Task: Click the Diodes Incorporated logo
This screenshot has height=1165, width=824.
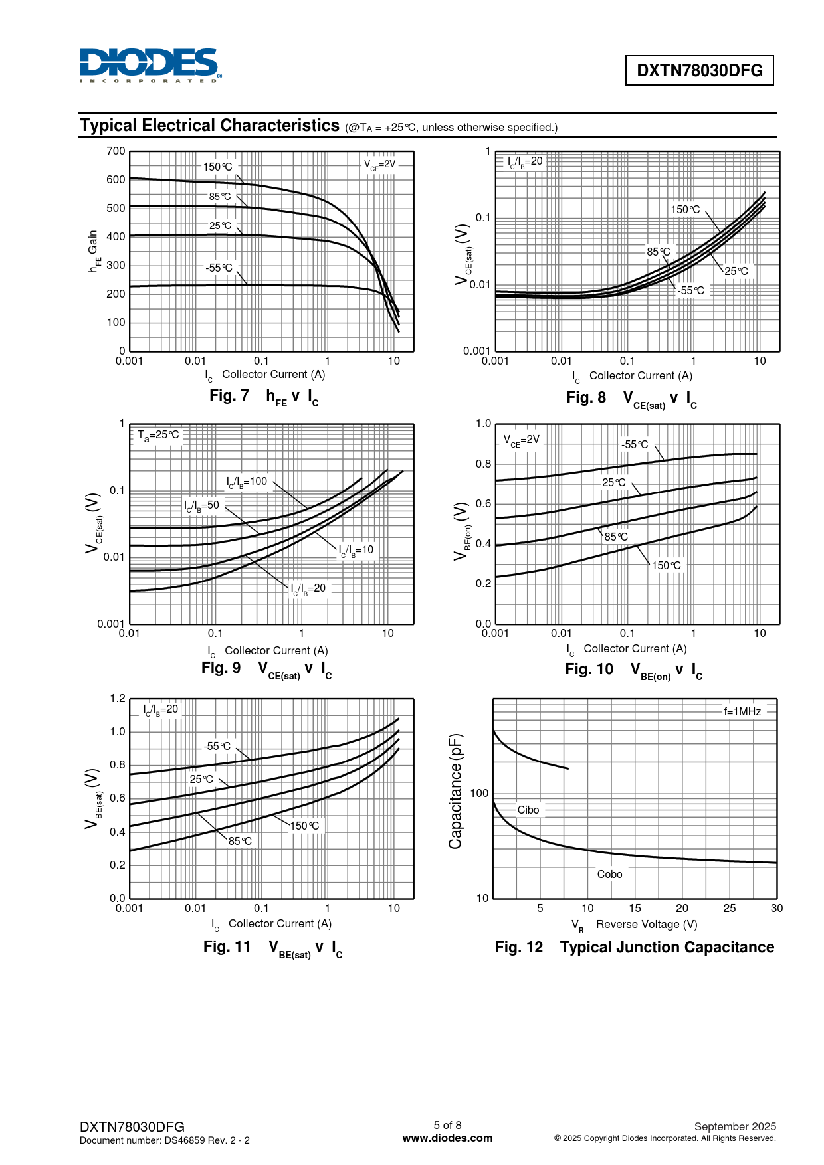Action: [150, 65]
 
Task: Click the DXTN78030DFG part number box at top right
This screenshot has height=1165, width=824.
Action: [699, 70]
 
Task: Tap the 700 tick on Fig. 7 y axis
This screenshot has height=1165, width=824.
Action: [116, 151]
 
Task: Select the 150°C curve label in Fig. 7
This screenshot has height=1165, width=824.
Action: [218, 167]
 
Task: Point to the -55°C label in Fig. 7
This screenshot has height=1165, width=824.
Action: [219, 268]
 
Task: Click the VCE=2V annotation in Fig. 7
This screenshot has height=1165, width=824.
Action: [379, 165]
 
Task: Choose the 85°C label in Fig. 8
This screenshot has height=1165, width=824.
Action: [659, 252]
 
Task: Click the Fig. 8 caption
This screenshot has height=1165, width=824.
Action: [631, 399]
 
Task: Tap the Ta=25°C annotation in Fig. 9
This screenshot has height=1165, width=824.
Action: [158, 435]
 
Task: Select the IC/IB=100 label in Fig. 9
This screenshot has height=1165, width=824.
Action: [247, 482]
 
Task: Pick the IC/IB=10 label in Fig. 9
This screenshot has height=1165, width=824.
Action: [356, 550]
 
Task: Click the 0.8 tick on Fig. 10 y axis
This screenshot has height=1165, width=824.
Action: [483, 464]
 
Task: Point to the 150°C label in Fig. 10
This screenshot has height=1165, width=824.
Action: [667, 565]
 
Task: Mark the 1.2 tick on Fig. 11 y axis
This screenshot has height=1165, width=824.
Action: [118, 699]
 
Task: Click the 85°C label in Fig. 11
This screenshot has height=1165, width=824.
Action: [240, 841]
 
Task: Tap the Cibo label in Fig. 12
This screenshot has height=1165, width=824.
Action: [528, 810]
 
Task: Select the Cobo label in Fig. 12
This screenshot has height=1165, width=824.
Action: [609, 874]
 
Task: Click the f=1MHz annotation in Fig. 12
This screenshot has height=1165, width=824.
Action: [742, 711]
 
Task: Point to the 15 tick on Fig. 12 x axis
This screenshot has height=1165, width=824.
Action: [635, 908]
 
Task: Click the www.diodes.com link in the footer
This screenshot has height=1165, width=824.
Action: [448, 1138]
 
